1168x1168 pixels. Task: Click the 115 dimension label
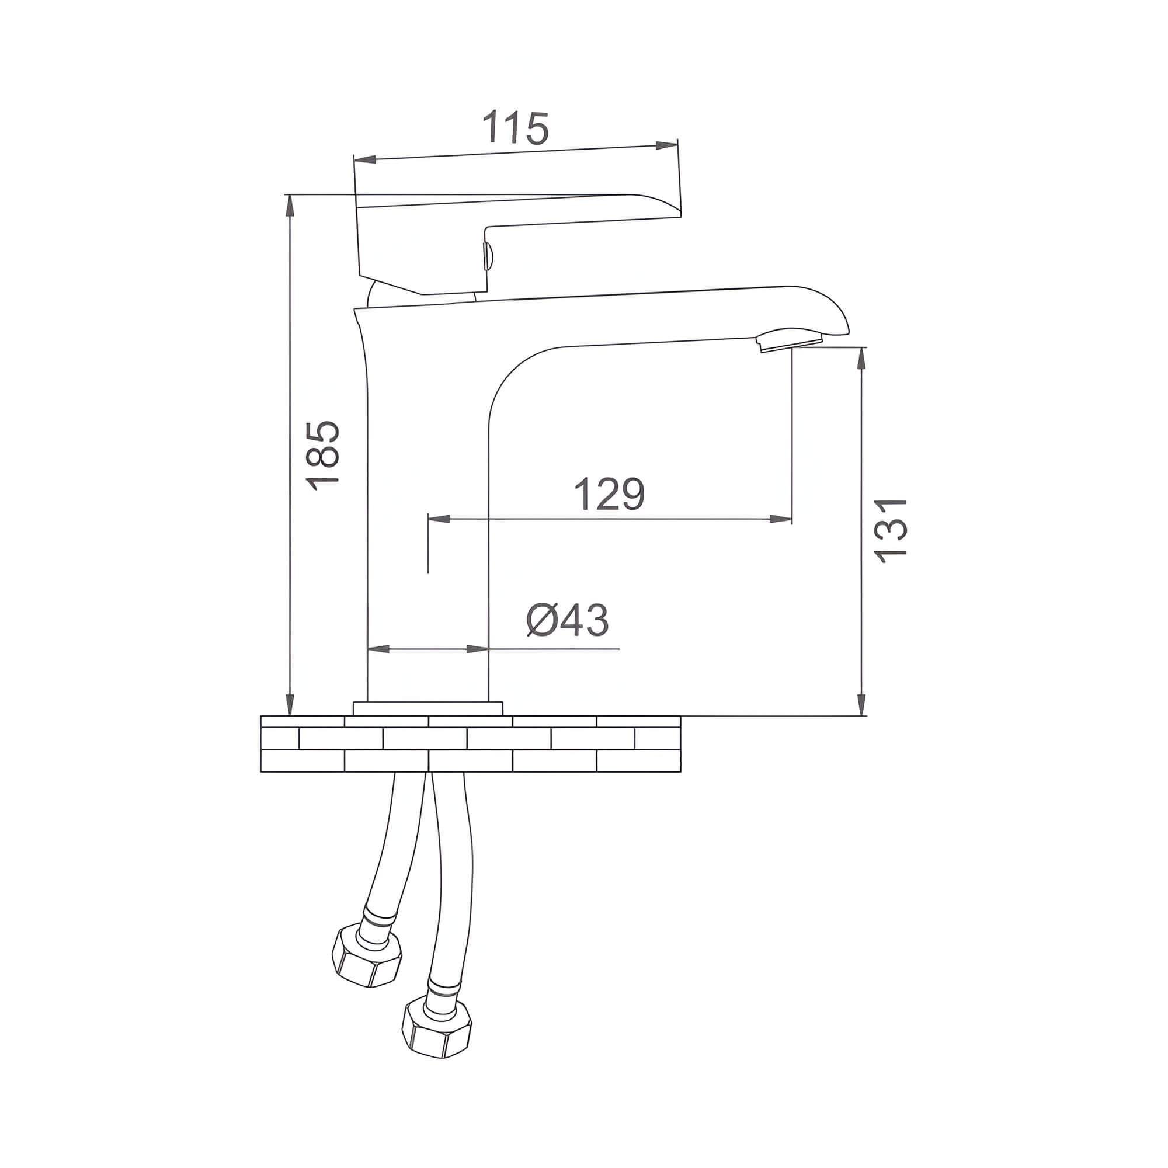coord(516,127)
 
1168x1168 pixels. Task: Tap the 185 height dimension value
coord(322,456)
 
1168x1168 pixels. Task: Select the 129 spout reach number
coord(609,494)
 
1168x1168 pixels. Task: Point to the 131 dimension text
coord(890,531)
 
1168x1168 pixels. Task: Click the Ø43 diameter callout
coord(567,620)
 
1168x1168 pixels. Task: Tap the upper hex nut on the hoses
coord(367,962)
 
